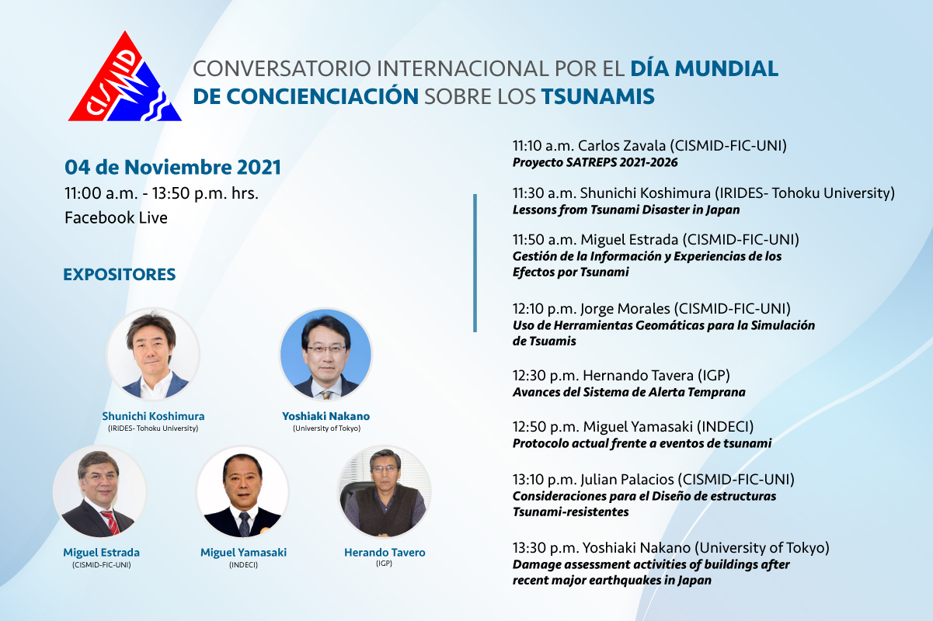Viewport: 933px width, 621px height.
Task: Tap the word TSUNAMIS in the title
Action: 597,96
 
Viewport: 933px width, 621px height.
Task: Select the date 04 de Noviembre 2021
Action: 173,168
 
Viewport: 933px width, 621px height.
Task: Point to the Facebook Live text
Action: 116,217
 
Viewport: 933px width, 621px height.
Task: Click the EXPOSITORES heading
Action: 120,275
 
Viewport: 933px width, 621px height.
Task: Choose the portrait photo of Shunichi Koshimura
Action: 153,355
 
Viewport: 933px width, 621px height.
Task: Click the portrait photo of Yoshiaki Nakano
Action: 326,355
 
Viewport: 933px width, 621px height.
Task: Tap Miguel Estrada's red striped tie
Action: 110,521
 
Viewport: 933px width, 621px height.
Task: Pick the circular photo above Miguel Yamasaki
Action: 242,492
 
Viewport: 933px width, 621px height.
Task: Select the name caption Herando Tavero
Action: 385,553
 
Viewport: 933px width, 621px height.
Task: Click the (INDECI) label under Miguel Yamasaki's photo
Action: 243,565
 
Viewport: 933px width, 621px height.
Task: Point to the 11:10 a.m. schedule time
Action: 543,146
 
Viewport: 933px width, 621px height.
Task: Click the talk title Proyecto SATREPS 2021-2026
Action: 595,162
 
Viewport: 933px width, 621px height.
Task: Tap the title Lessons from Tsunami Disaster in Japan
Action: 626,210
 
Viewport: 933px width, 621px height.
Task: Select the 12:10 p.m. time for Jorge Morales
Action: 545,309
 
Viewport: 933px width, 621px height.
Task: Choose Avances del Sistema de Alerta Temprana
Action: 629,392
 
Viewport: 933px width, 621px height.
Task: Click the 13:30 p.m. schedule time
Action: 545,548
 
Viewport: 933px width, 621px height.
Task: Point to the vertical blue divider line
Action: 475,263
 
